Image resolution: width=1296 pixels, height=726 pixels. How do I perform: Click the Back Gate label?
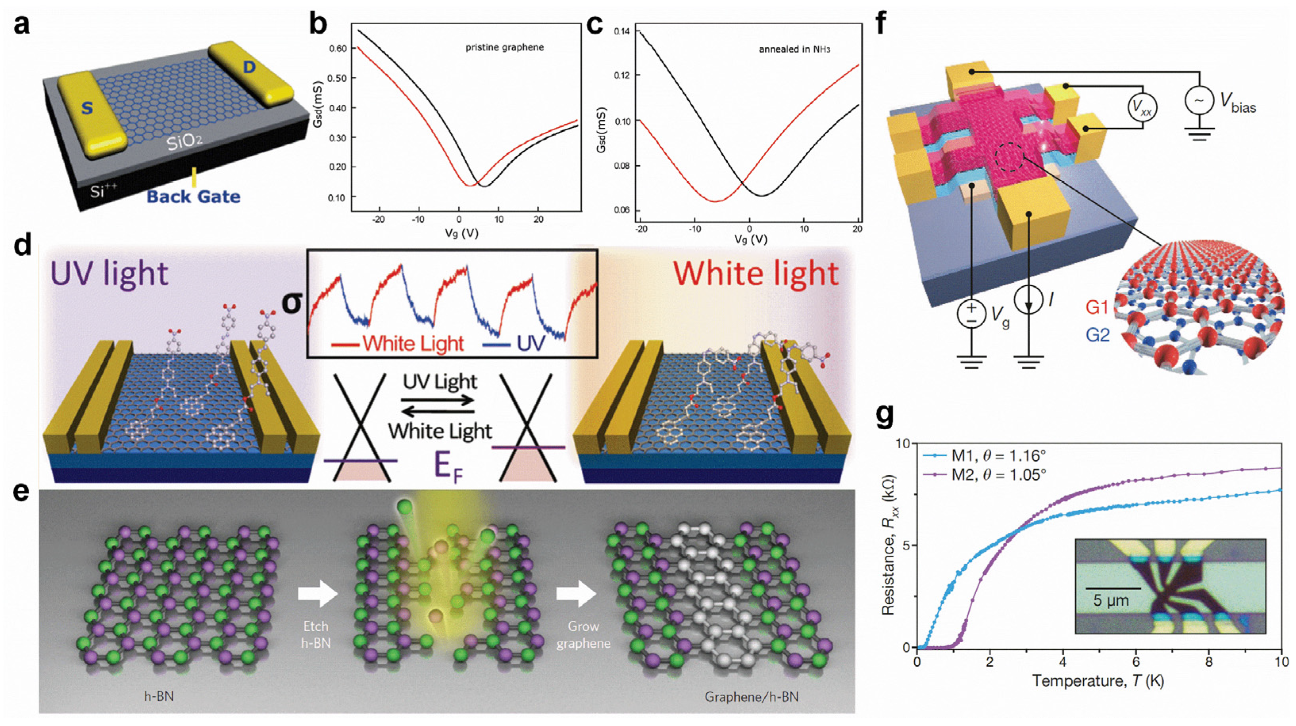tap(193, 196)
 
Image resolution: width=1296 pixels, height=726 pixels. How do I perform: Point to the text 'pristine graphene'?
tap(504, 48)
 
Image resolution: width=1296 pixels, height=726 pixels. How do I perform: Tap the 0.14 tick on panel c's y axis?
tap(623, 31)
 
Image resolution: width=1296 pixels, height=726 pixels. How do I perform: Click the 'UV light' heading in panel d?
tap(109, 274)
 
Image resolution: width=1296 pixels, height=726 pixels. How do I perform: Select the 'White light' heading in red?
tap(756, 274)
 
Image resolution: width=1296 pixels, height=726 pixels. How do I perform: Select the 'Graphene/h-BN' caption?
tap(751, 696)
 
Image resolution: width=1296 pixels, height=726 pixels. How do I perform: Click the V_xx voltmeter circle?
tap(1142, 107)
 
